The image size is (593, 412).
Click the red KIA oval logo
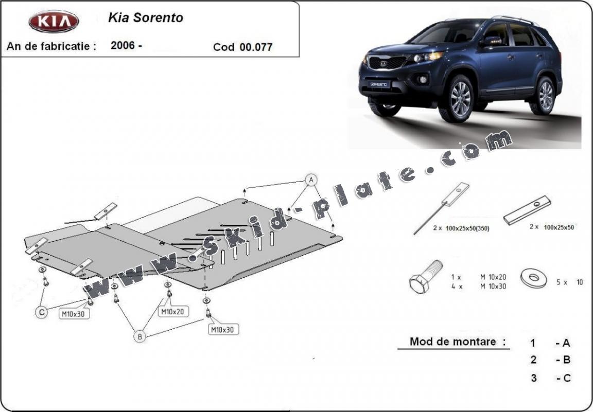(x=54, y=22)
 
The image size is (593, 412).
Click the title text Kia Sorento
(x=145, y=17)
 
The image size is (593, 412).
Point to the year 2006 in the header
(x=123, y=45)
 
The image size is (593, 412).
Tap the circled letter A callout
(x=310, y=180)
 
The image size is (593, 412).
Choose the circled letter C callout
(x=41, y=311)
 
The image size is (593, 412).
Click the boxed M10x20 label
(x=174, y=311)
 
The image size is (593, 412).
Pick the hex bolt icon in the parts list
(x=425, y=276)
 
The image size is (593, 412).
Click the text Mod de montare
(x=454, y=342)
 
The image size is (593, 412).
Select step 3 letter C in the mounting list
(x=563, y=378)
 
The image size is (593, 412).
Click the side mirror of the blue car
(x=490, y=41)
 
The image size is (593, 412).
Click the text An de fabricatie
(x=51, y=46)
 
